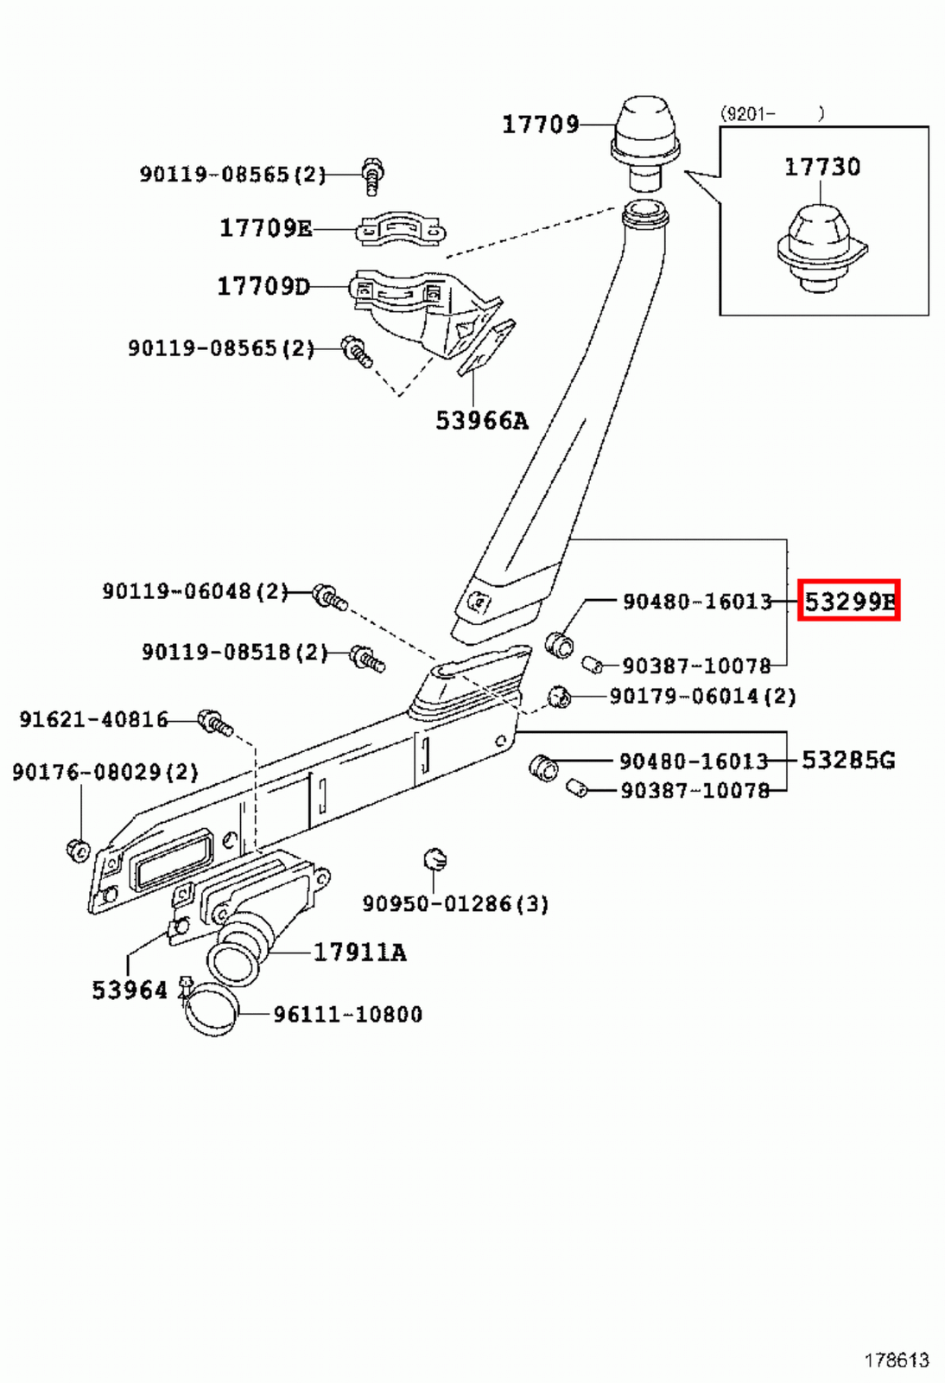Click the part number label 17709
pos(541,124)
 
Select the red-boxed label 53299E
pos(848,600)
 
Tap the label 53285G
pos(848,760)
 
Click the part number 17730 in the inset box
pos(821,167)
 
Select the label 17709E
pos(265,228)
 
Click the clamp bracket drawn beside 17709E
pos(401,229)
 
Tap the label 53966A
pos(481,421)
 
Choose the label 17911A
pos(359,953)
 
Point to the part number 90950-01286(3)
pos(455,904)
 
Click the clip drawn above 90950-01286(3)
pos(434,860)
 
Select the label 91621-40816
pos(93,719)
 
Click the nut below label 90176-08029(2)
pos(78,850)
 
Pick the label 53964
pos(130,991)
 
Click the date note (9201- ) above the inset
pos(771,113)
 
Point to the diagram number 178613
pos(896,1361)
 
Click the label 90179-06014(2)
pos(702,697)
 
